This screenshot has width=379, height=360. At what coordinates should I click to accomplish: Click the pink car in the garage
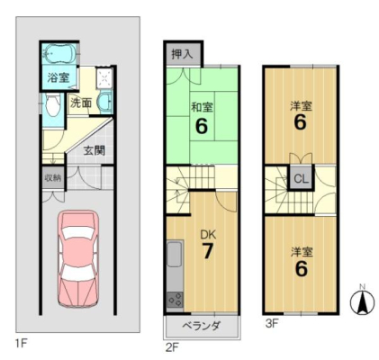click(78, 259)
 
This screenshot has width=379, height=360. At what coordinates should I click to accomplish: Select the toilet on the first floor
click(52, 104)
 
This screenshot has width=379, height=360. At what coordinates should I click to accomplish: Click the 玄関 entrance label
click(95, 150)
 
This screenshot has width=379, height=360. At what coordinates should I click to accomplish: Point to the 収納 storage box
click(53, 177)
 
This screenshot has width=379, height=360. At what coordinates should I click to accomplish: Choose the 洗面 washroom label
click(81, 103)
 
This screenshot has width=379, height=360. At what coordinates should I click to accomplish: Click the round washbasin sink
click(104, 101)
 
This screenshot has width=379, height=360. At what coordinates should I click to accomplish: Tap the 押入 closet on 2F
click(182, 54)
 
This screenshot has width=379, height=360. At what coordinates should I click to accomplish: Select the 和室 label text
click(202, 107)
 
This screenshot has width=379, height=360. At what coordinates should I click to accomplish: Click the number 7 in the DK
click(208, 251)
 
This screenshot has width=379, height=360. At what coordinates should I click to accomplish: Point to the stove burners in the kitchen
click(175, 300)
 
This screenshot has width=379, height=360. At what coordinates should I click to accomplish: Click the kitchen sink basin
click(175, 255)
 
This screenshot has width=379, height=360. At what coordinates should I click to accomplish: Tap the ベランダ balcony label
click(202, 325)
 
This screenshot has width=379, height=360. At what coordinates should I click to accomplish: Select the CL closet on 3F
click(301, 179)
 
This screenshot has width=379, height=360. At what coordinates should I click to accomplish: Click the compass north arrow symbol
click(363, 301)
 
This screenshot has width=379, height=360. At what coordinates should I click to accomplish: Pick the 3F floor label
click(272, 324)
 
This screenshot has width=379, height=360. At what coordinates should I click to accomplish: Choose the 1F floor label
click(21, 343)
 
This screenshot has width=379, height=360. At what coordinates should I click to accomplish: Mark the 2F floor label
click(172, 347)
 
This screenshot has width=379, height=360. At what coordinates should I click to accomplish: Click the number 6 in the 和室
click(202, 126)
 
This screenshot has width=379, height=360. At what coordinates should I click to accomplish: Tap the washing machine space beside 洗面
click(104, 79)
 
